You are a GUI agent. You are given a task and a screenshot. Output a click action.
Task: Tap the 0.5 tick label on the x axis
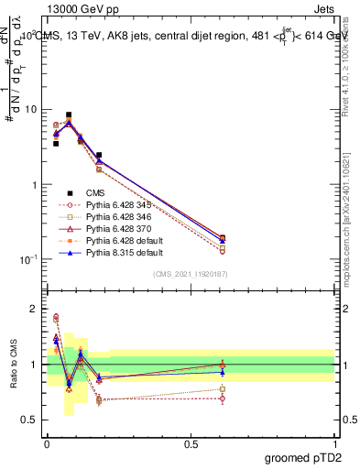pyautogui.click(x=191, y=442)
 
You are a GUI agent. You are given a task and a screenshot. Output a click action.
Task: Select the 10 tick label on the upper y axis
pyautogui.click(x=30, y=110)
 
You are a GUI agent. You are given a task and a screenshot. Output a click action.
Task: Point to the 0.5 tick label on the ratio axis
pyautogui.click(x=30, y=420)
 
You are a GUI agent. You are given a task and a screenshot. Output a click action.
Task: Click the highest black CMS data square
pyautogui.click(x=69, y=115)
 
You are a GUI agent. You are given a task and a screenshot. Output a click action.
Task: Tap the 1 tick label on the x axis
pyautogui.click(x=335, y=442)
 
